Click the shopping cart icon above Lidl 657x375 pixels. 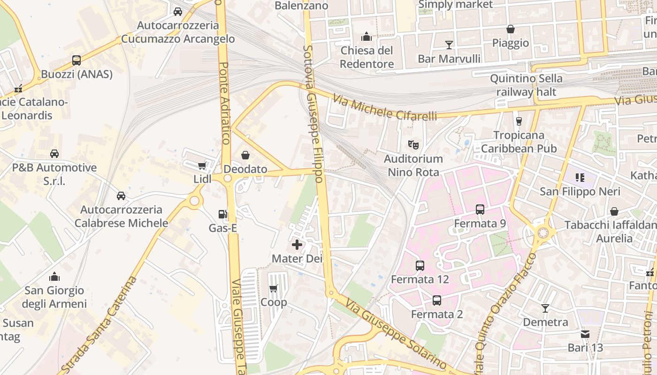pos(202,165)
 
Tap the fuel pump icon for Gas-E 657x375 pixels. pos(222,214)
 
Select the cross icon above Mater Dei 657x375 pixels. pos(297,245)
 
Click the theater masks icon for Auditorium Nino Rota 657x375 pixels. pos(413,144)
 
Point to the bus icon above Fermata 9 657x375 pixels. pos(480,210)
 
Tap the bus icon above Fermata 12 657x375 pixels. pos(420,266)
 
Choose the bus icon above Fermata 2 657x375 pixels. pos(436,300)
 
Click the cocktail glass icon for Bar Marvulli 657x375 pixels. pos(449,45)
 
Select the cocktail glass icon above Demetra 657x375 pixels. pos(545,308)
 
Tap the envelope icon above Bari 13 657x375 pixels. pos(585,334)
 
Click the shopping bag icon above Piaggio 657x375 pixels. pos(511,29)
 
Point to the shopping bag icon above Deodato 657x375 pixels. pos(245,155)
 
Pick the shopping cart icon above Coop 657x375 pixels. pos(274,288)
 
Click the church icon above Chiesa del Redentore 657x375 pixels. pos(366,37)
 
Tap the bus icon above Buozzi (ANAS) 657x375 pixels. pos(76,60)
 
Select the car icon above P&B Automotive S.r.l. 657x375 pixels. pos(54,154)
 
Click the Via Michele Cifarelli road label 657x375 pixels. pos(385,107)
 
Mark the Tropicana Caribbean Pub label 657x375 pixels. pos(519,142)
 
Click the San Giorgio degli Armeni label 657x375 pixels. pos(54,297)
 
